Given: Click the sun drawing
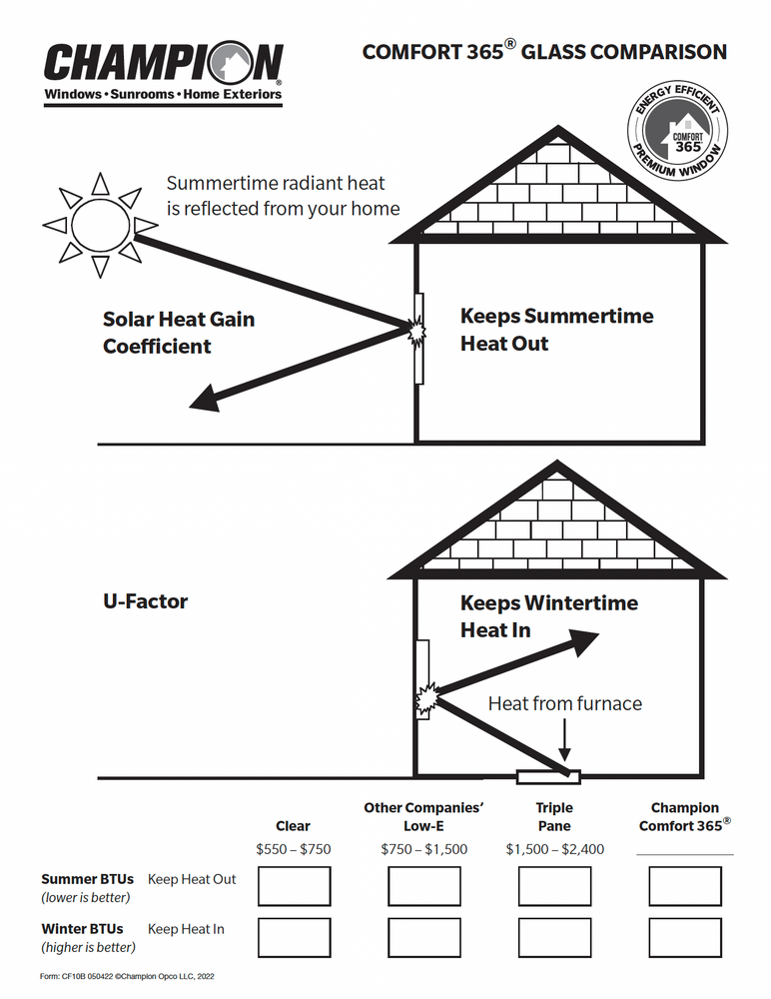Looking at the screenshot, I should tap(99, 225).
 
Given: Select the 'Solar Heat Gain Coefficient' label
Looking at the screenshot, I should tap(178, 333).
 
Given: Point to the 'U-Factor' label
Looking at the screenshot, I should tap(145, 601).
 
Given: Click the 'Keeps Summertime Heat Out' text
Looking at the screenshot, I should tap(556, 330).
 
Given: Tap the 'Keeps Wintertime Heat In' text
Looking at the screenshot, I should tap(548, 616).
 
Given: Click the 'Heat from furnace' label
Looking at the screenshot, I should tap(564, 703).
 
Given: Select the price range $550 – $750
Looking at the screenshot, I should tap(294, 849).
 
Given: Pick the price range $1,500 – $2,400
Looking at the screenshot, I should tap(554, 849).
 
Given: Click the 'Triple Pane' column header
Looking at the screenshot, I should tap(554, 816).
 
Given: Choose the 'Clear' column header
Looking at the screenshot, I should tap(294, 826).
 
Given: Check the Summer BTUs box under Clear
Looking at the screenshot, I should tap(294, 886).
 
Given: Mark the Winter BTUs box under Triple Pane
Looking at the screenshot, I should tap(554, 937).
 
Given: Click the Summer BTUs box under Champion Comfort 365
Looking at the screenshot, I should tap(685, 886).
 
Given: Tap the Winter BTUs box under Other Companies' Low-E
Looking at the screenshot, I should tap(424, 937).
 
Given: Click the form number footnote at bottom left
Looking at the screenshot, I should tap(128, 976).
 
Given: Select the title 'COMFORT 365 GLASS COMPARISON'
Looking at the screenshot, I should tap(544, 52).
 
